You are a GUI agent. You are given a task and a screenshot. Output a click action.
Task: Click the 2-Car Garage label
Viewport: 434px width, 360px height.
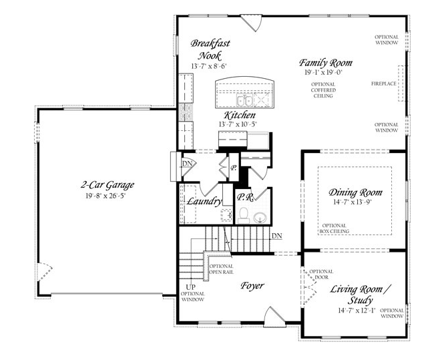(x=107, y=185)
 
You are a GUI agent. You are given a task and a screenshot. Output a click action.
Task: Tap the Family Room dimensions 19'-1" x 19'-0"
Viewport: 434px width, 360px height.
(x=324, y=73)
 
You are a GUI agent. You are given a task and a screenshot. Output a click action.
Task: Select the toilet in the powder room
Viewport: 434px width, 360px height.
(x=244, y=216)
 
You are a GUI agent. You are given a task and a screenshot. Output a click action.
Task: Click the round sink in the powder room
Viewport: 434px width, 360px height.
(x=260, y=218)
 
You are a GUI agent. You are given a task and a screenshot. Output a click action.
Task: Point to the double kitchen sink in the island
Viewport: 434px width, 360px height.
(x=244, y=100)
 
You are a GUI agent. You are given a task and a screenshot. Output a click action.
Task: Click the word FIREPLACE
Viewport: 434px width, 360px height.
(x=384, y=83)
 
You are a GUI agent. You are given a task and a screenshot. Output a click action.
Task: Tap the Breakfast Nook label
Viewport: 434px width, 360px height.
(x=210, y=49)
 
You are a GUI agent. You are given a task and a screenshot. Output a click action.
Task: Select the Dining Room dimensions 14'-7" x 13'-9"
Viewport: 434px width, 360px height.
(x=352, y=202)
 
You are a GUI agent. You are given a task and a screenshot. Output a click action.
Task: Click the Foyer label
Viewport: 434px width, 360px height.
(x=252, y=285)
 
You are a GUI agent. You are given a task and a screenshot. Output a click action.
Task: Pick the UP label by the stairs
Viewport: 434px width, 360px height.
(x=190, y=287)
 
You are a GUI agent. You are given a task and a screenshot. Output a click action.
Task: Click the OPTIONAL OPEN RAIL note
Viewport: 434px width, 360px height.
(x=221, y=269)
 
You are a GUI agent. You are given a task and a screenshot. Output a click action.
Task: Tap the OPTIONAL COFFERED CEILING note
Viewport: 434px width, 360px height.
(x=323, y=90)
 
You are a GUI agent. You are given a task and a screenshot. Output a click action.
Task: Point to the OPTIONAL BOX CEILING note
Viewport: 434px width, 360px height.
(x=335, y=228)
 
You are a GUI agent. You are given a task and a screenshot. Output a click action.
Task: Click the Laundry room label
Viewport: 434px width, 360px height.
(x=204, y=201)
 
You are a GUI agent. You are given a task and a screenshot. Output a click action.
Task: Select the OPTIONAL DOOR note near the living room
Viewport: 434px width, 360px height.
(x=321, y=274)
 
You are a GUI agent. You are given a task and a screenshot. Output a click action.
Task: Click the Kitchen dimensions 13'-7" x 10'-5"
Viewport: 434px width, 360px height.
(x=238, y=124)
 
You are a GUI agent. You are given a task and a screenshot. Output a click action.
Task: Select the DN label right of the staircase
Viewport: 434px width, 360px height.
(x=277, y=236)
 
